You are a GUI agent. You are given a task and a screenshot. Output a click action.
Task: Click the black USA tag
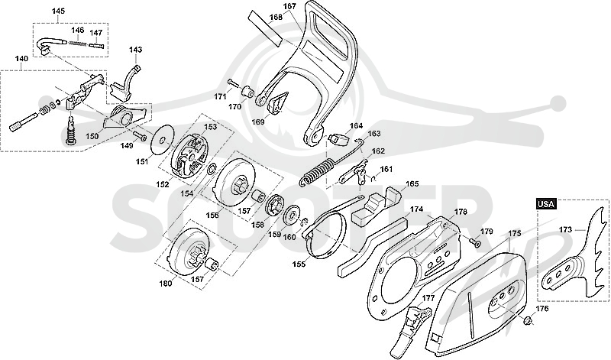tap(546, 203)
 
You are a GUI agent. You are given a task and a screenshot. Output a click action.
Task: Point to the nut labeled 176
tap(528, 320)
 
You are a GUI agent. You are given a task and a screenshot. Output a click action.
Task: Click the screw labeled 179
tap(475, 242)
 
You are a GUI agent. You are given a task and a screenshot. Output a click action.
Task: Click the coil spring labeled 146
tap(78, 42)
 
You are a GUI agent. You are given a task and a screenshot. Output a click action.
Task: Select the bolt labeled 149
tap(140, 136)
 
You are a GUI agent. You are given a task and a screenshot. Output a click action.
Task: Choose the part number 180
tap(166, 284)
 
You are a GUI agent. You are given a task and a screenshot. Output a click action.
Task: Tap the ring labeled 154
tap(212, 169)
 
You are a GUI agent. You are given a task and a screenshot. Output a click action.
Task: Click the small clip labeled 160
tap(305, 222)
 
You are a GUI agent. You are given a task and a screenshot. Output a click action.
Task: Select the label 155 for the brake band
tap(299, 264)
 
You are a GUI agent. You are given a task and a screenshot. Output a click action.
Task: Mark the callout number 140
tap(21, 59)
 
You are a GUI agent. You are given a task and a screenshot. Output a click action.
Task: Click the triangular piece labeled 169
tap(277, 103)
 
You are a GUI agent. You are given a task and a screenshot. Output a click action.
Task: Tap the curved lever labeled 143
tap(124, 83)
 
